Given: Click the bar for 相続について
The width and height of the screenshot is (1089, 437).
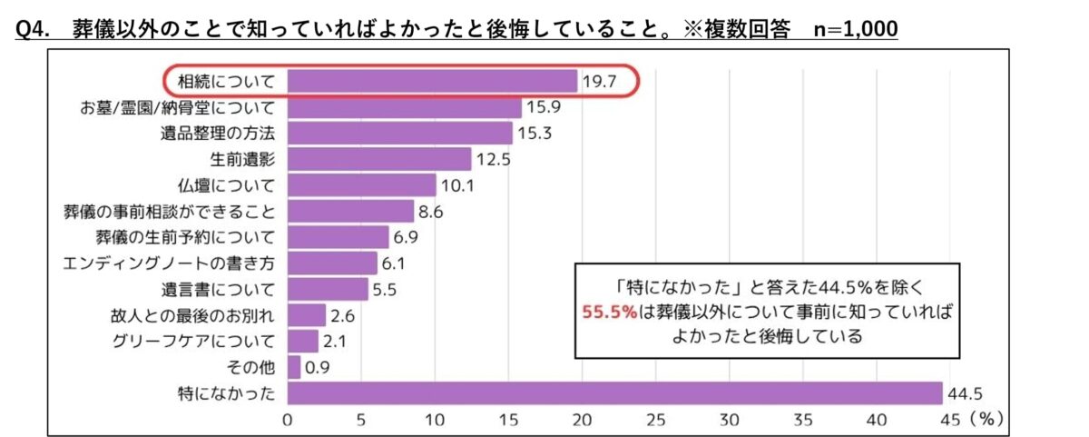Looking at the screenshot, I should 432,81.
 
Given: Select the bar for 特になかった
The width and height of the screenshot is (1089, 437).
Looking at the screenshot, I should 614,393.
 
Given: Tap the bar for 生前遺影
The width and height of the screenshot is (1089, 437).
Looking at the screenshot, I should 379,160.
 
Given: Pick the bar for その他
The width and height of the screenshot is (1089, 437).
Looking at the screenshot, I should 294,367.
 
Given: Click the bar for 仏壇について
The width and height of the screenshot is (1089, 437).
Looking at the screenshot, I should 361,185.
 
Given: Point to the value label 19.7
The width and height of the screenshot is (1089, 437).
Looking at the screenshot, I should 600,81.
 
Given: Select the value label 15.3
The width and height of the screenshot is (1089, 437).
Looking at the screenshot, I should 535,134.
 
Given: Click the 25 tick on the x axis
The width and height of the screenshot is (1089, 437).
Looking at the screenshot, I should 655,421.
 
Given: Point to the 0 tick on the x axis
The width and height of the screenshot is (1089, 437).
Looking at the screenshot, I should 288,421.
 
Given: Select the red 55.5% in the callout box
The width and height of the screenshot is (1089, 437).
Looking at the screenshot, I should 609,310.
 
